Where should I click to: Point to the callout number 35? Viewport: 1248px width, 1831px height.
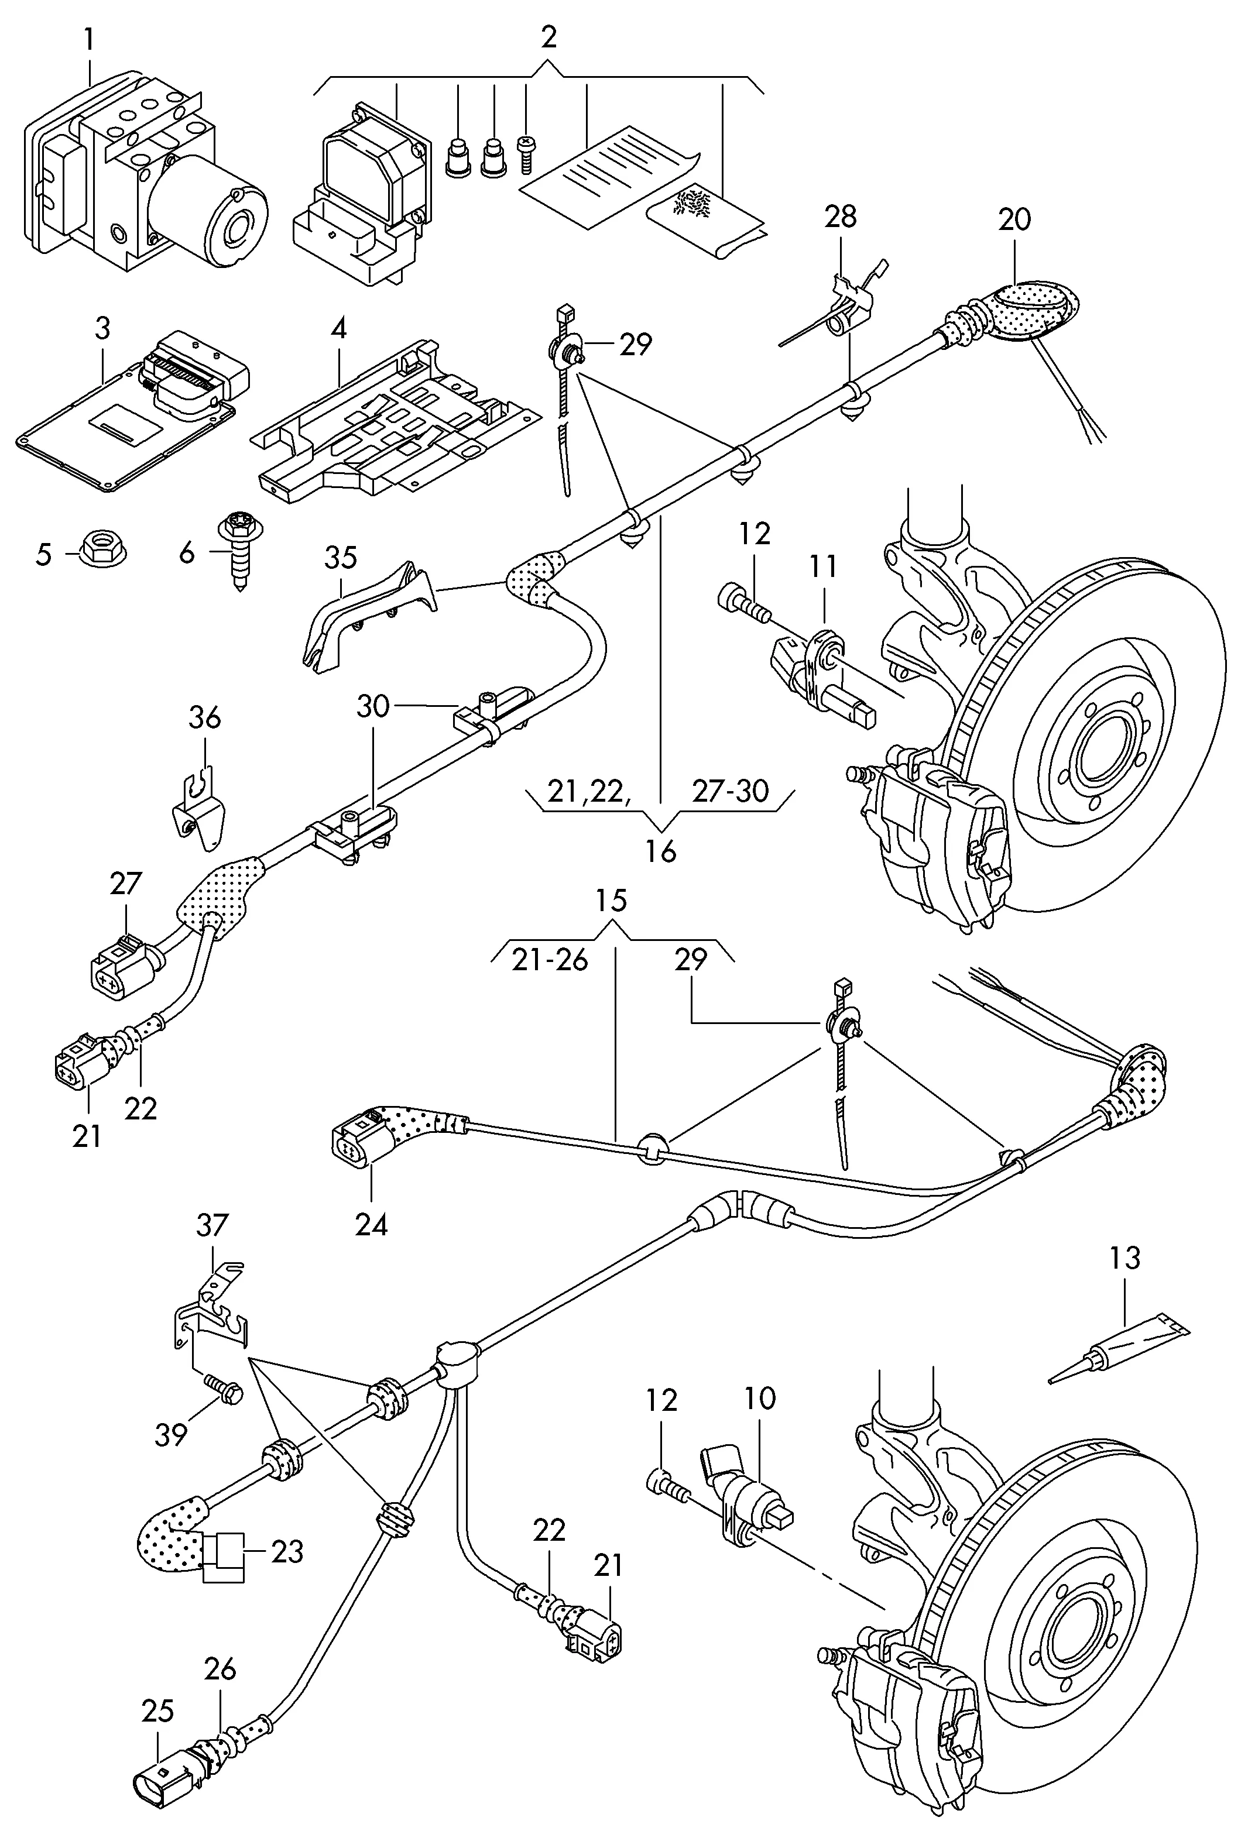[x=341, y=558]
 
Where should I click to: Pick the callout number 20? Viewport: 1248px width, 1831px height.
[x=1014, y=219]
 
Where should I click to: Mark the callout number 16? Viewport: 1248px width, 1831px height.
[x=661, y=851]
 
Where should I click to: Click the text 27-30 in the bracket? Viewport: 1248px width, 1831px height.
[x=730, y=791]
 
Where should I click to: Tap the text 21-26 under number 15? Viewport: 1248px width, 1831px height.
[x=550, y=960]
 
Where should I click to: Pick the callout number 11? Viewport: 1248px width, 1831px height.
[x=823, y=566]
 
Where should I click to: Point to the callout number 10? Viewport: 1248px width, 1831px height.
[x=760, y=1399]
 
